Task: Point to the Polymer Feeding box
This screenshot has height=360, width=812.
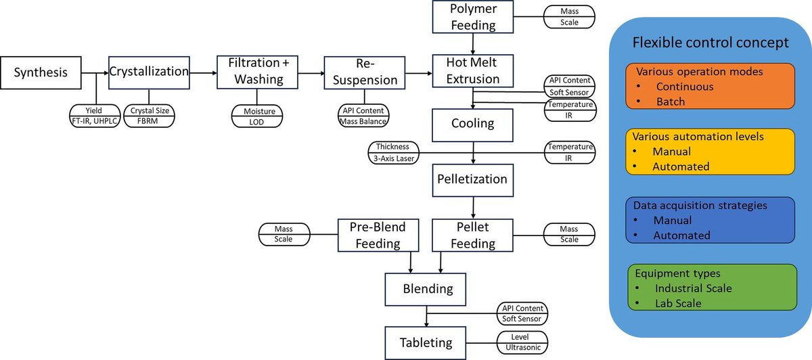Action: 473,18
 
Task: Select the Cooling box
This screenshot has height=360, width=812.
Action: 473,124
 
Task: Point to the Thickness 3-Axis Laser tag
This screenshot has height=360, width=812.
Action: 393,152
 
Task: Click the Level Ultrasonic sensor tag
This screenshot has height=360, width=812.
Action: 522,342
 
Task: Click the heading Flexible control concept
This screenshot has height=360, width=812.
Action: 710,42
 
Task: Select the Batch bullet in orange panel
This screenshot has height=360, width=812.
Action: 671,102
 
